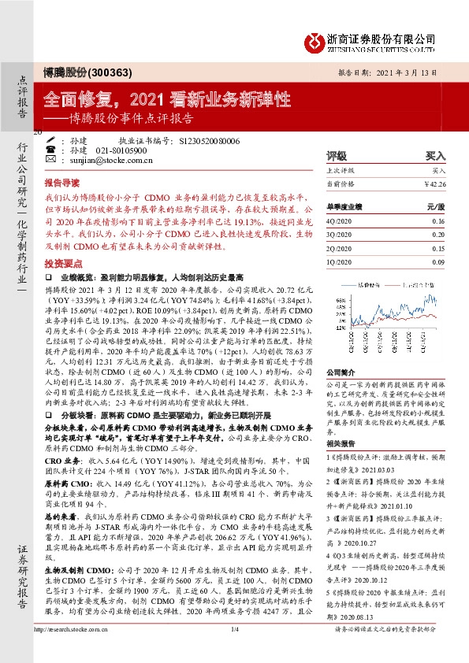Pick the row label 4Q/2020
pyautogui.click(x=341, y=222)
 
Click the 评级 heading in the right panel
pyautogui.click(x=337, y=156)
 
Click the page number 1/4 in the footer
pyautogui.click(x=234, y=652)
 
